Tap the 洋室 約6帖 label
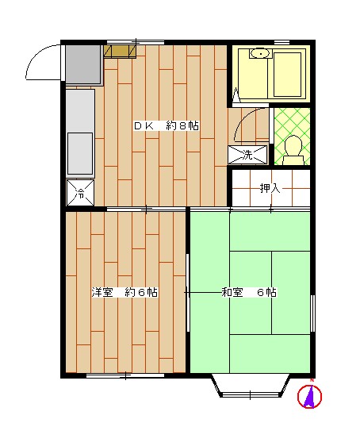tap(124, 292)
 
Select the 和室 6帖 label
tap(248, 292)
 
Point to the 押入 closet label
tap(270, 188)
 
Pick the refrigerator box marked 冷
tap(81, 191)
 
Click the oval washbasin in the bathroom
tap(259, 54)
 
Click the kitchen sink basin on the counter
tap(80, 151)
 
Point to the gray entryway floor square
tap(83, 64)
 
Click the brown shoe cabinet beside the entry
tap(120, 51)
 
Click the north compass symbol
tap(310, 396)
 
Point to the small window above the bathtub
tap(281, 41)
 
